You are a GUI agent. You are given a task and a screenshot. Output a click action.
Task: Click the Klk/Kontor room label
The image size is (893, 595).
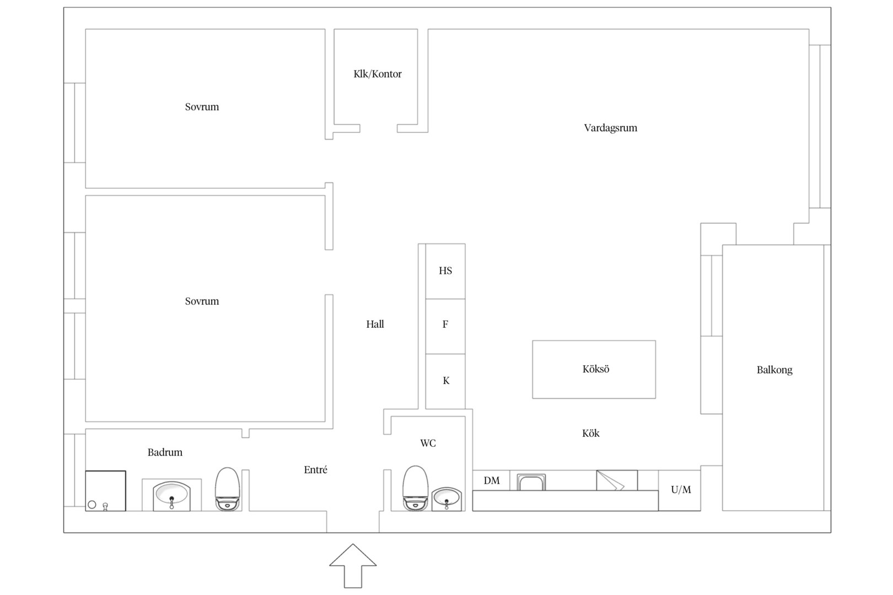coord(377,74)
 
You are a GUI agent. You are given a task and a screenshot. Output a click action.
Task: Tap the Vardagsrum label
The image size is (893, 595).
coord(610,128)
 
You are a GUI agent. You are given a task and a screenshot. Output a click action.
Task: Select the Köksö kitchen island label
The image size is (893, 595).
coord(595,369)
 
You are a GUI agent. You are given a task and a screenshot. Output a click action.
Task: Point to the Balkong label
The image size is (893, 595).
coord(774,370)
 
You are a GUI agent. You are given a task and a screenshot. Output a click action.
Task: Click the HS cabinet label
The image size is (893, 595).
coord(445,271)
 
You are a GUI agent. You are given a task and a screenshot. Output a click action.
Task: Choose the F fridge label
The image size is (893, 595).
coord(445,324)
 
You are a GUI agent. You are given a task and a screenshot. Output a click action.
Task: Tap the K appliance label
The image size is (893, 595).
coord(446,381)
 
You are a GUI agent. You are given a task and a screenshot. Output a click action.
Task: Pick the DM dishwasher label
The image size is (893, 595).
coord(492,480)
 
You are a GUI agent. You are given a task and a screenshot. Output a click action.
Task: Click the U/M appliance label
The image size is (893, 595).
coord(681,490)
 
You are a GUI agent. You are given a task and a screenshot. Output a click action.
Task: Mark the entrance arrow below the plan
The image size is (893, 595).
coord(353,565)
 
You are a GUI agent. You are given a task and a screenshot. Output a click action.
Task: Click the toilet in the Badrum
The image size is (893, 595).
coord(228,489)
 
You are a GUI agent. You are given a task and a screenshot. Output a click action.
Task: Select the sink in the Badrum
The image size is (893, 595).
coord(172,496)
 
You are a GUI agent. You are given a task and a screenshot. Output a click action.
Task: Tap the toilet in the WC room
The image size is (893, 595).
coord(416,488)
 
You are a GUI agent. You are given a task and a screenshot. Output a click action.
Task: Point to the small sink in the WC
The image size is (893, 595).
coord(446,499)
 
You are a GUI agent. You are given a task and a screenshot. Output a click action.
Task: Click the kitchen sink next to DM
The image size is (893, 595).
coord(531,482)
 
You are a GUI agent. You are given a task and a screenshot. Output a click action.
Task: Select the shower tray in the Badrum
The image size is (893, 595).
coord(106,490)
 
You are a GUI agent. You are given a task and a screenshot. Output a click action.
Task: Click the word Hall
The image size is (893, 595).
coord(375,324)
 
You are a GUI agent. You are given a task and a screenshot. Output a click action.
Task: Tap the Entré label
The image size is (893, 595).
coord(315,470)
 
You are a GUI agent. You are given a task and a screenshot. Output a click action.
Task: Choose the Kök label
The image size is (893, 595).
coord(590,433)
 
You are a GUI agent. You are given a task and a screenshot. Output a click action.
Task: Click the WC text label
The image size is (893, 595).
coord(428,443)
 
